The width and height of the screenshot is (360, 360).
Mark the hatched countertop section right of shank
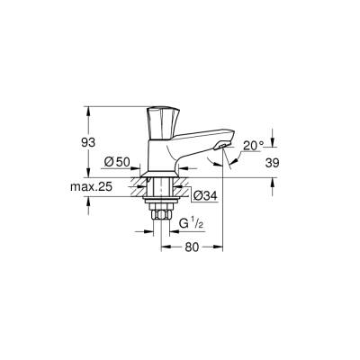[181, 186]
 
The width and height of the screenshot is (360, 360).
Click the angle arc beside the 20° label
[237, 160]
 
